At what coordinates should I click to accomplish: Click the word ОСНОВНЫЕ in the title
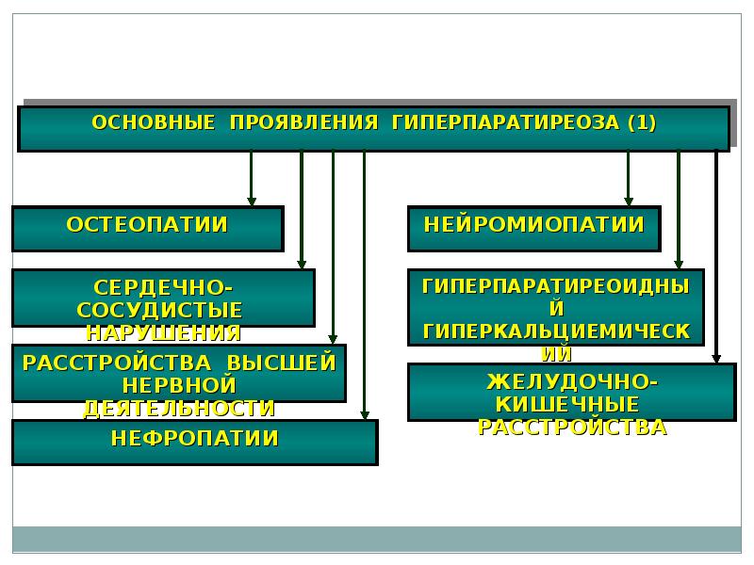pos(154,122)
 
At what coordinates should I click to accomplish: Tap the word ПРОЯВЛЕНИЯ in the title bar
pos(303,122)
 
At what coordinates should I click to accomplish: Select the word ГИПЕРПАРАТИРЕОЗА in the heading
pos(505,122)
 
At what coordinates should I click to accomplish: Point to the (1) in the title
pos(642,122)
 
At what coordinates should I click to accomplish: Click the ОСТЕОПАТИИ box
pos(148,229)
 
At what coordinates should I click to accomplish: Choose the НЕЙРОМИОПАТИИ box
pos(534,229)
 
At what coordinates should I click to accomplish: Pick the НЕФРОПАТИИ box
pos(195,443)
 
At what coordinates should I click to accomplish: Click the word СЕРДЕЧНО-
pos(163,288)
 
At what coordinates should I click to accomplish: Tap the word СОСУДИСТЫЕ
pos(159,311)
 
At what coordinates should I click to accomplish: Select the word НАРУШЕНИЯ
pos(163,333)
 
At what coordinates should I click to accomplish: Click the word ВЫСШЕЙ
pos(281,363)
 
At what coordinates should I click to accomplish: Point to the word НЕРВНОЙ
pos(179,385)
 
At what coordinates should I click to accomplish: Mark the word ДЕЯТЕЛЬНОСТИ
pos(179,409)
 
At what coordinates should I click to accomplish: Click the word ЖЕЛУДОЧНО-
pos(572,382)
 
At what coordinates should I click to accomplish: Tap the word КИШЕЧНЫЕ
pos(567,405)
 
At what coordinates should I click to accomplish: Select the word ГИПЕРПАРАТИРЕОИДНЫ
pos(556,286)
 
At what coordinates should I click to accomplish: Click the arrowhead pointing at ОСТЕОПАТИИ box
pos(252,202)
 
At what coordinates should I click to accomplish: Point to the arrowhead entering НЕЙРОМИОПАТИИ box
pos(628,202)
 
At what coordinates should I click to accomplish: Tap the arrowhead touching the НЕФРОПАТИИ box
pos(365,414)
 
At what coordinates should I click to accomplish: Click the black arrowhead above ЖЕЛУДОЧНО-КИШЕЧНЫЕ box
pos(716,358)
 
